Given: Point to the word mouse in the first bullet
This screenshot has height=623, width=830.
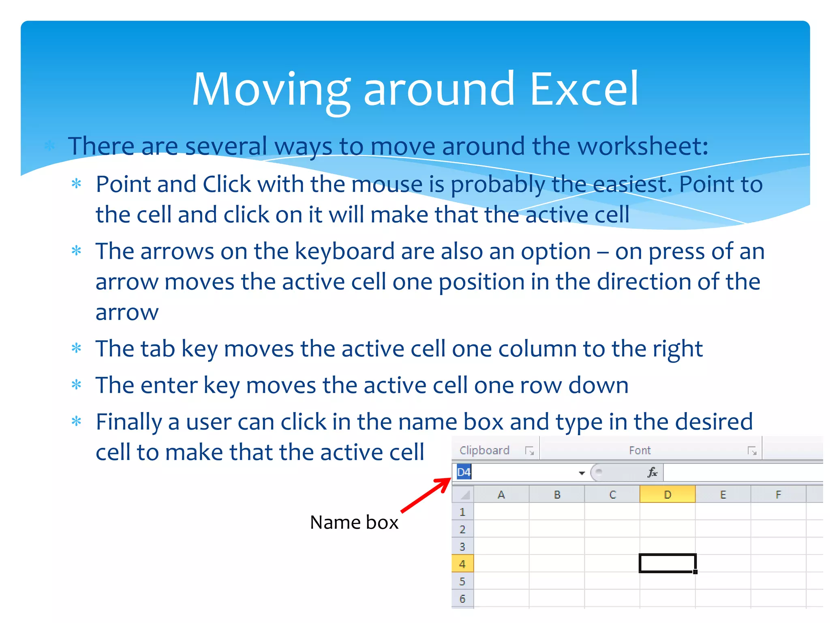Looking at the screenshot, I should (387, 185).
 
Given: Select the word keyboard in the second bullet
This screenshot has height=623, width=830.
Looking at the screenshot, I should (344, 251).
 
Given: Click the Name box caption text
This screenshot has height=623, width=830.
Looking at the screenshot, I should (354, 522).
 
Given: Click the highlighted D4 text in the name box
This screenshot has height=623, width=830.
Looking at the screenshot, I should (464, 473).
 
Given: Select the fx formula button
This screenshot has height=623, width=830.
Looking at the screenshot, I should (652, 473).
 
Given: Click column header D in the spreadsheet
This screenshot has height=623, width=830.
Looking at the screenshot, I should (667, 495).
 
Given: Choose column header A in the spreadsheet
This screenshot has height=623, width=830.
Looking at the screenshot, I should (501, 495).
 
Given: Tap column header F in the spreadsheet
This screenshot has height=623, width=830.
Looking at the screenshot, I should (778, 495).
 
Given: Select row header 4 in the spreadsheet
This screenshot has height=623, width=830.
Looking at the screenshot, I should (462, 564).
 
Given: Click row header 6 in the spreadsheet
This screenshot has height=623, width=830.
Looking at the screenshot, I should (462, 599).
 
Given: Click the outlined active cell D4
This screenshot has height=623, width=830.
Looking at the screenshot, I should (667, 563).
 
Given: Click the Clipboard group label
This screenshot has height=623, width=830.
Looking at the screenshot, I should (484, 451).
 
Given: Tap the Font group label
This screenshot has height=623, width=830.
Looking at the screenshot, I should (640, 451).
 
